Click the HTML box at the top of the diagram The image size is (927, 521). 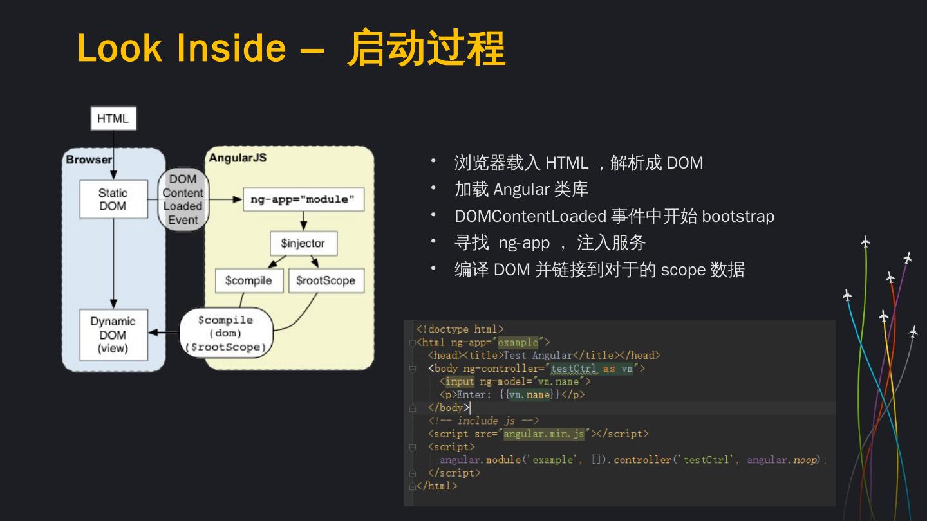tap(113, 118)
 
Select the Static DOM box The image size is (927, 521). tap(113, 199)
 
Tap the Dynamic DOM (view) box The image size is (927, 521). tap(113, 334)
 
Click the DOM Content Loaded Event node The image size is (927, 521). tap(183, 199)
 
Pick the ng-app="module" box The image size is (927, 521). tap(303, 199)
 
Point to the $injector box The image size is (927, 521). tap(303, 244)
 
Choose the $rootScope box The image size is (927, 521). tap(326, 280)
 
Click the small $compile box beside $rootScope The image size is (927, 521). tap(248, 280)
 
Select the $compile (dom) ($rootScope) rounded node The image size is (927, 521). tap(226, 333)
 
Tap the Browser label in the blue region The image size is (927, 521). tap(89, 160)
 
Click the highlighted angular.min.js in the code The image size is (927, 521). tap(544, 434)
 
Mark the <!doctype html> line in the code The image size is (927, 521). tap(460, 329)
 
